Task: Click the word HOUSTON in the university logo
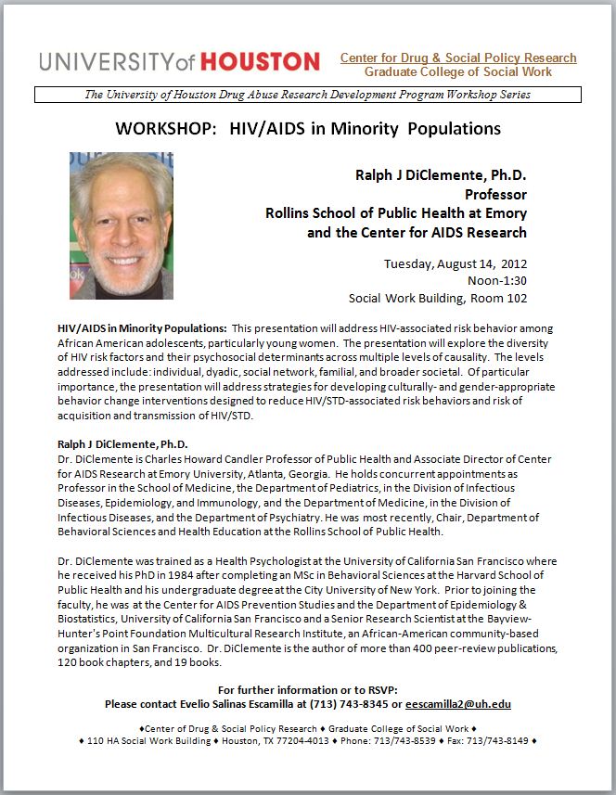pyautogui.click(x=260, y=62)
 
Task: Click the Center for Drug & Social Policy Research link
pyautogui.click(x=458, y=58)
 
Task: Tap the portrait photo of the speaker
pyautogui.click(x=121, y=224)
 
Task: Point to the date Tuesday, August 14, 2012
pyautogui.click(x=456, y=263)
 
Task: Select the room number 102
pyautogui.click(x=517, y=298)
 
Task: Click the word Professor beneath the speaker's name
pyautogui.click(x=495, y=194)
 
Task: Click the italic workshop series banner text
pyautogui.click(x=307, y=94)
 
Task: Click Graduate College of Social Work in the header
pyautogui.click(x=458, y=72)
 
